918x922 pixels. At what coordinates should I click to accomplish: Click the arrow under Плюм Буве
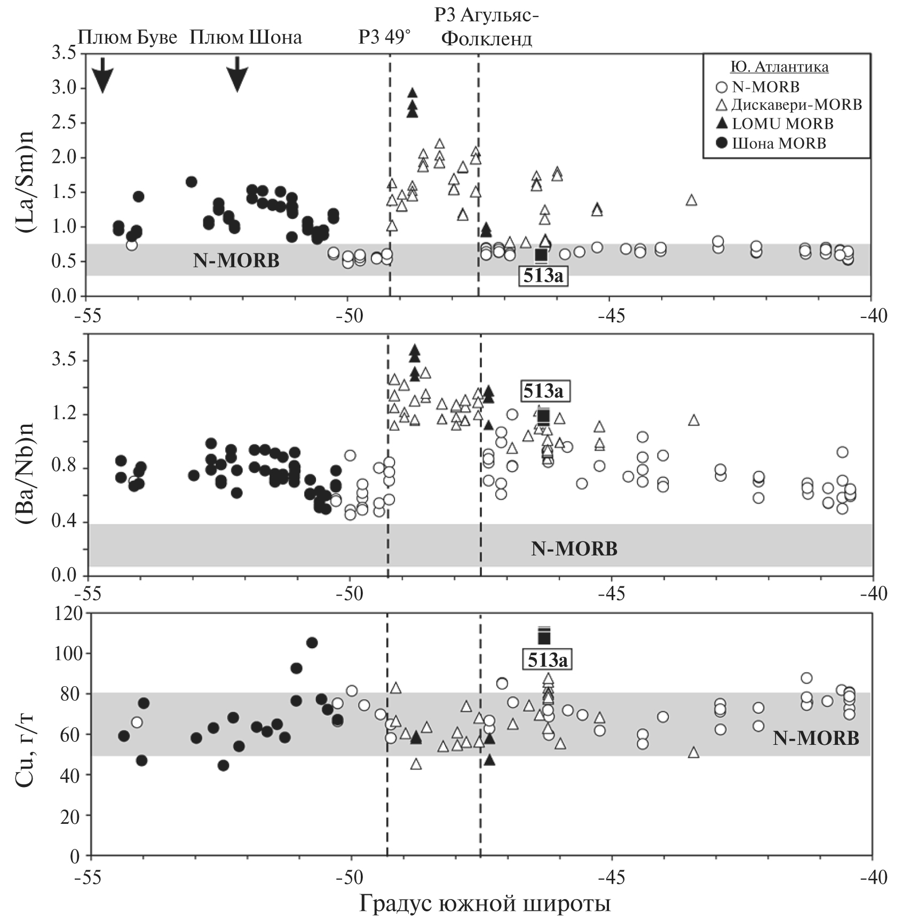coord(103,75)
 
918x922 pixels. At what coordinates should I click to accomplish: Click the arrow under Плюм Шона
coord(238,74)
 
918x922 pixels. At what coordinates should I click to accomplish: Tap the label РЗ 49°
coord(385,37)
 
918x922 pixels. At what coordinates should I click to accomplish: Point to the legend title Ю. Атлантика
coord(779,67)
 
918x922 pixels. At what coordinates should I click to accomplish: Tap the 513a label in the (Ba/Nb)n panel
coord(542,391)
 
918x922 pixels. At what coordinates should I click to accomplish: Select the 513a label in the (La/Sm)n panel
coord(543,276)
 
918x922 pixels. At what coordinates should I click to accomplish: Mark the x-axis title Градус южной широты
coord(485,903)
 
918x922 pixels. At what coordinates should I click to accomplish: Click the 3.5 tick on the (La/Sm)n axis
coord(64,53)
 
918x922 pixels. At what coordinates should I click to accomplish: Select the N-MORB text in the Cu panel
coord(816,738)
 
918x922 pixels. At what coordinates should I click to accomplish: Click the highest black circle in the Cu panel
coord(312,642)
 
